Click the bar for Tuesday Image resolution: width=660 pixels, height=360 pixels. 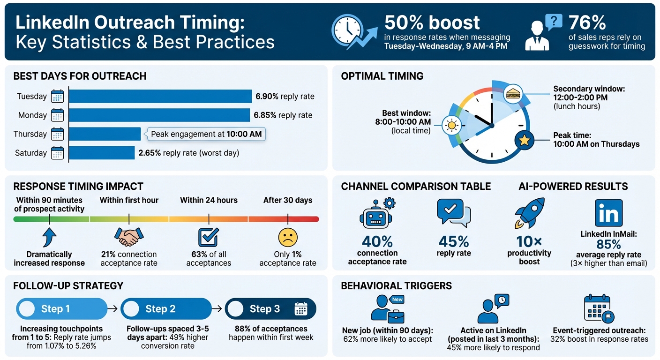(160, 97)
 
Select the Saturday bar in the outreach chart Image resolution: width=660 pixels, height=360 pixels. (102, 153)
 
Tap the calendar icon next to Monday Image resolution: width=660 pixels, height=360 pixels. (57, 115)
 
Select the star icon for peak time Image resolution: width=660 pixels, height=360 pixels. (524, 140)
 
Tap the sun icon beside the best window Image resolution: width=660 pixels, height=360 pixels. (451, 125)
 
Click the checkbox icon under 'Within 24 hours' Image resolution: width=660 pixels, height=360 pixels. (209, 237)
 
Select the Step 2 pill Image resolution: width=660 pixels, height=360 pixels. (166, 309)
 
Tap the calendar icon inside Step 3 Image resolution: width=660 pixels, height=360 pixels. (300, 309)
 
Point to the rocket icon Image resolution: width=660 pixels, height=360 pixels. (530, 213)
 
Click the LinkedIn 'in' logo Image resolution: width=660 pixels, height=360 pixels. (608, 213)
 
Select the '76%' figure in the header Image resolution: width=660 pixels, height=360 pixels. (587, 22)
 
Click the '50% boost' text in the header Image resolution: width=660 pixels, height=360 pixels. (432, 22)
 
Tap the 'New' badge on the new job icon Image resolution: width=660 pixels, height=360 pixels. (397, 300)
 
